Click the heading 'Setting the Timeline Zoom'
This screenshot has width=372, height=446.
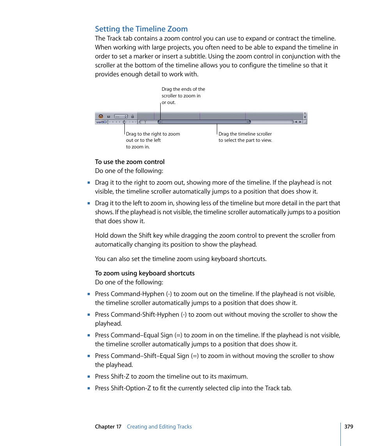(x=141, y=29)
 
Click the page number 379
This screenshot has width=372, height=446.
(x=349, y=427)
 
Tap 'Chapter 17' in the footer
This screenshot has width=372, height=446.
(x=108, y=427)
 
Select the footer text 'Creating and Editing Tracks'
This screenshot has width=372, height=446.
(x=159, y=427)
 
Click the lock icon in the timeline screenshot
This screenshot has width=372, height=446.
(x=133, y=116)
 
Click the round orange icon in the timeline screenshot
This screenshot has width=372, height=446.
(x=101, y=116)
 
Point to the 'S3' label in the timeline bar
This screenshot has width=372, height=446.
(x=109, y=116)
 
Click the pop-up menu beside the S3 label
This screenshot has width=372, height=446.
(x=121, y=116)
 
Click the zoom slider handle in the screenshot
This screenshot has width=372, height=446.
(x=124, y=122)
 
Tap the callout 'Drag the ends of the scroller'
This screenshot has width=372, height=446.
(x=183, y=96)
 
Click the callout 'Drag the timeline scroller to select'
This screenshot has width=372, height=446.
(x=245, y=137)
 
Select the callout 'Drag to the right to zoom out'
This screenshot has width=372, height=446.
(x=153, y=140)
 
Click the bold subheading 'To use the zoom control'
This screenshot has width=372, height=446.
(x=130, y=162)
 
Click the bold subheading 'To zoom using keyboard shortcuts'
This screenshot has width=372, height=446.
(x=145, y=273)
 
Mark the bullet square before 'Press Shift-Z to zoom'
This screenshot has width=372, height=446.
(x=89, y=377)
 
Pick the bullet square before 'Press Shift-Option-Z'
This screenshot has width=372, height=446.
(x=89, y=388)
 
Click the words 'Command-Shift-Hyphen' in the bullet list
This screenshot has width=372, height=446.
(x=145, y=314)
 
